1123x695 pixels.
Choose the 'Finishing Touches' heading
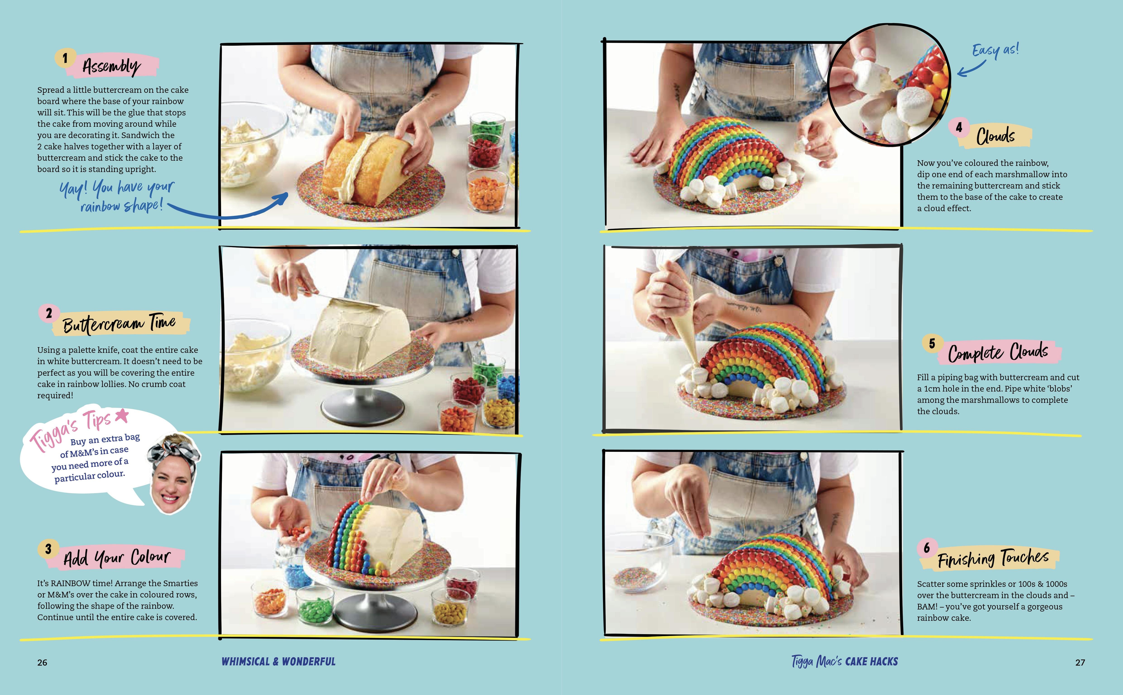click(993, 559)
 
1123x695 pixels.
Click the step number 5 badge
click(932, 343)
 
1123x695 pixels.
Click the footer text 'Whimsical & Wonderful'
click(279, 662)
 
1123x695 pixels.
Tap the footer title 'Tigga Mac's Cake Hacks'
click(844, 662)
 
